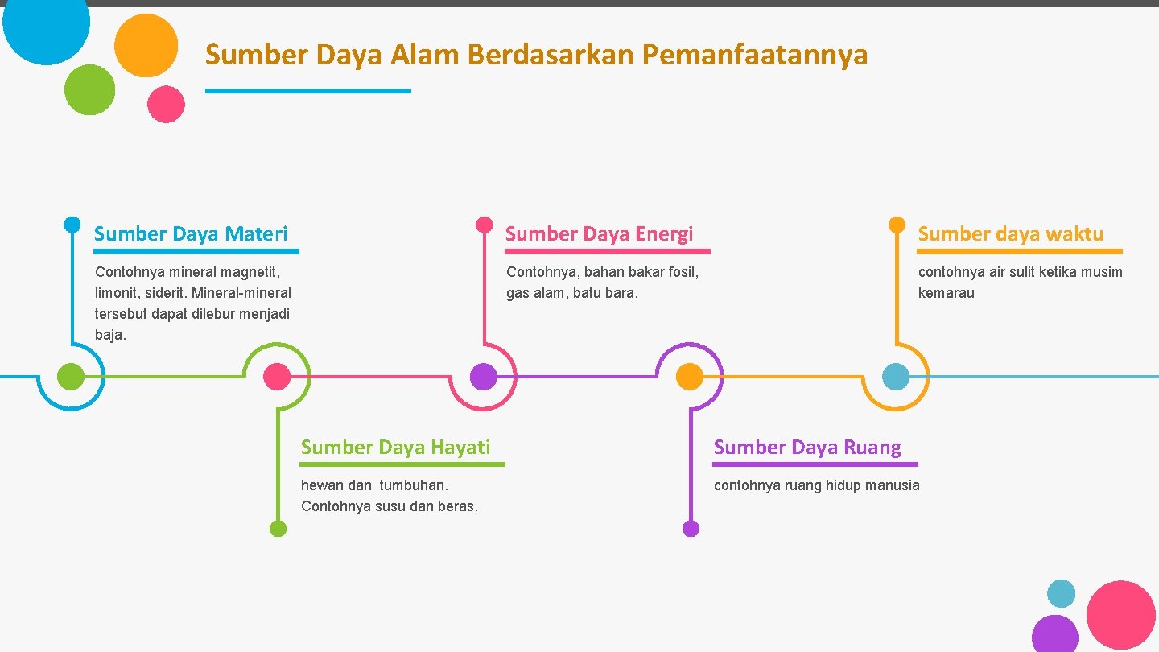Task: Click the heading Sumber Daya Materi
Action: pyautogui.click(x=191, y=234)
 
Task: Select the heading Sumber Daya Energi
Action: pyautogui.click(x=599, y=234)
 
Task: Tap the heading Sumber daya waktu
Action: pyautogui.click(x=1010, y=234)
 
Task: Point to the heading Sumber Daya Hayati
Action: pyautogui.click(x=395, y=448)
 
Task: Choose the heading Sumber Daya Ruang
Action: pyautogui.click(x=807, y=448)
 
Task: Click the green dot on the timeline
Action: pyautogui.click(x=71, y=377)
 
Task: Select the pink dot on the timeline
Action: pyautogui.click(x=277, y=377)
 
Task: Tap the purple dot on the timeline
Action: pyautogui.click(x=483, y=377)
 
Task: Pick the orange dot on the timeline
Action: pyautogui.click(x=689, y=377)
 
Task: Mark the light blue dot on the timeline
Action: pyautogui.click(x=896, y=377)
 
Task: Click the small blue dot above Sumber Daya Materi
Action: pyautogui.click(x=72, y=224)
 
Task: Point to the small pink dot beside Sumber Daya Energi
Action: pyautogui.click(x=484, y=224)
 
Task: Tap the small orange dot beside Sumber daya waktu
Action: pyautogui.click(x=897, y=224)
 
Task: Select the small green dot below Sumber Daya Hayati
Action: pyautogui.click(x=278, y=529)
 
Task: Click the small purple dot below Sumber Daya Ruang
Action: pyautogui.click(x=691, y=529)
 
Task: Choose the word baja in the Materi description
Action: pyautogui.click(x=109, y=335)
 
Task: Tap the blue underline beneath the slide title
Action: pyautogui.click(x=307, y=91)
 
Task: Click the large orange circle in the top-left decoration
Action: pyautogui.click(x=146, y=45)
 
